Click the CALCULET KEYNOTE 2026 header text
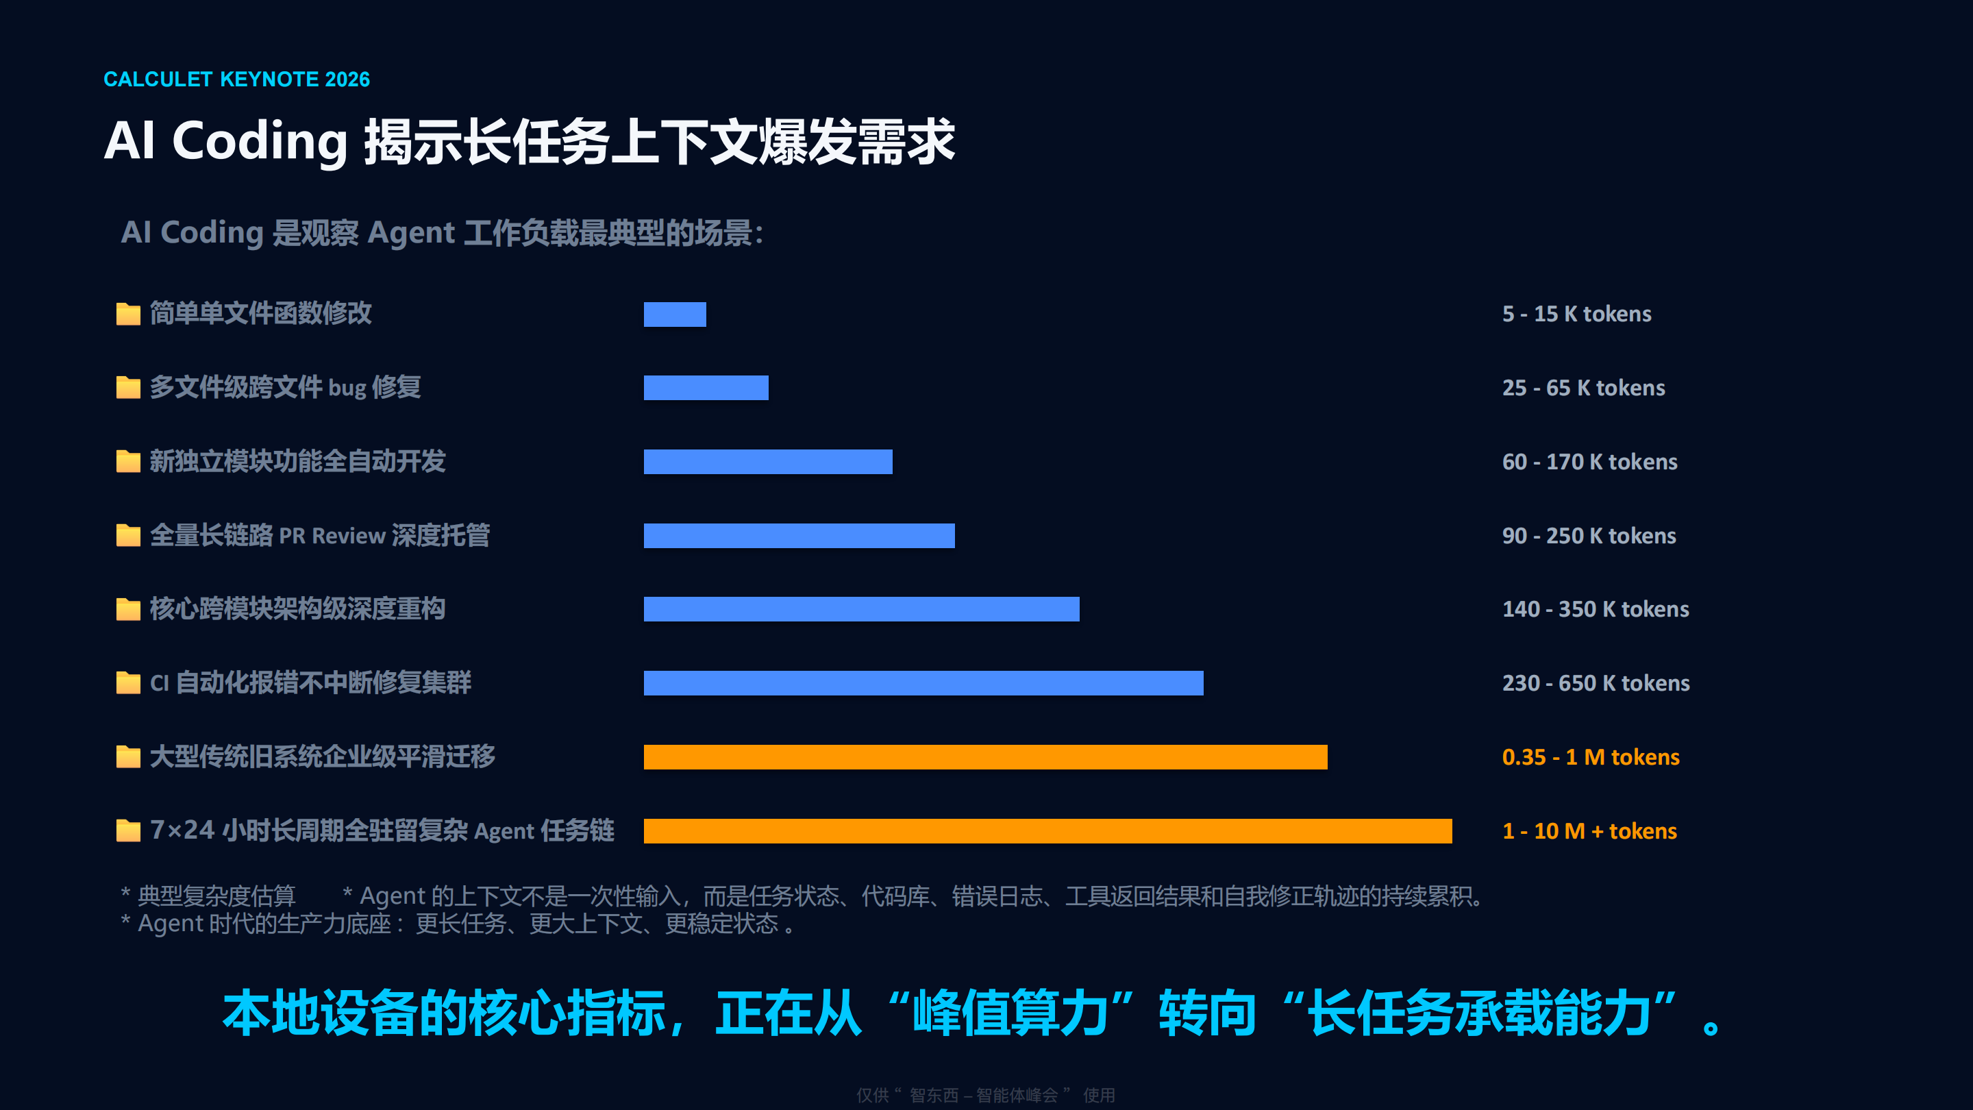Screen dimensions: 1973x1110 (x=236, y=79)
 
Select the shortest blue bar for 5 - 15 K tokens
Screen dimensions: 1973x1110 (x=675, y=314)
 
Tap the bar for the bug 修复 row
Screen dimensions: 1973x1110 (x=706, y=388)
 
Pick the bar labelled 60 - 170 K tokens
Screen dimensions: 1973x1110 (x=768, y=462)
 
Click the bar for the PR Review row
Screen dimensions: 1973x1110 (x=799, y=535)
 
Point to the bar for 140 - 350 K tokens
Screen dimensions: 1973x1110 (x=862, y=609)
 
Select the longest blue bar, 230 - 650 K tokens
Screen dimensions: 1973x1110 (x=923, y=683)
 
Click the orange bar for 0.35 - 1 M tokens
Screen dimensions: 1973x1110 (x=986, y=757)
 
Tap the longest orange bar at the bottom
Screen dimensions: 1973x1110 (x=1047, y=831)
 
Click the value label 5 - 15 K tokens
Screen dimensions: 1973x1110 (x=1576, y=314)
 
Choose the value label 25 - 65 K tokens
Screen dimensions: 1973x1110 (x=1583, y=388)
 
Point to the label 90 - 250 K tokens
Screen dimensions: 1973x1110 (x=1589, y=535)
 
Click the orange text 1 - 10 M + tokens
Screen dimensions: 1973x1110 (x=1589, y=831)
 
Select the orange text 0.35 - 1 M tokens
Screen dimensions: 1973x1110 (x=1591, y=757)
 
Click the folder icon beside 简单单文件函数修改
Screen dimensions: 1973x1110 (x=128, y=313)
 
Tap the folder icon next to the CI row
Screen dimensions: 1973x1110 (x=128, y=682)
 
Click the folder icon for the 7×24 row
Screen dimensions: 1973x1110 (x=128, y=830)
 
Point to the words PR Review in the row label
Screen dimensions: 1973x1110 (x=332, y=535)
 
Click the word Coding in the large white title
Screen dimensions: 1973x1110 (x=260, y=143)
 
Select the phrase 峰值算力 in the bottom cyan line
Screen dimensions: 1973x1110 (x=1010, y=1013)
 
